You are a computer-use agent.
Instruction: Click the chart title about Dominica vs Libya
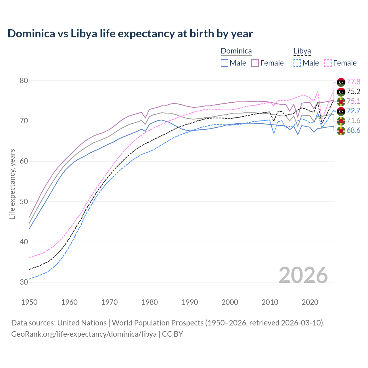coord(130,34)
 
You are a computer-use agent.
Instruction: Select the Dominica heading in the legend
coord(236,51)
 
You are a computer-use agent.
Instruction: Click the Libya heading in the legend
coord(302,51)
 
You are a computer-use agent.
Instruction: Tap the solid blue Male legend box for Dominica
coord(225,63)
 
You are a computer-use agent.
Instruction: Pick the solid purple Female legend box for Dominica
coord(255,63)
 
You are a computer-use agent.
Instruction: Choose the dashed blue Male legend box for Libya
coord(297,63)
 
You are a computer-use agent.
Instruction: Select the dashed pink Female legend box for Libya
coord(328,63)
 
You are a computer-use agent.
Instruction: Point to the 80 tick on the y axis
coord(24,80)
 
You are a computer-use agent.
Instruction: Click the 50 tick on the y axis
coord(24,202)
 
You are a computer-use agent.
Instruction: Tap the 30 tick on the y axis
coord(24,282)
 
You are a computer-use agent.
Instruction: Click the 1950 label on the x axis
coord(29,302)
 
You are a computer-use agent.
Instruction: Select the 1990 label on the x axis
coord(190,302)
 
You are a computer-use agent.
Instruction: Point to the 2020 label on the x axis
coord(310,302)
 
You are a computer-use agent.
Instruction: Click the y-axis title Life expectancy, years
coord(12,184)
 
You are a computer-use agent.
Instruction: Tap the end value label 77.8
coord(353,82)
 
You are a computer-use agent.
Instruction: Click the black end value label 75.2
coord(353,92)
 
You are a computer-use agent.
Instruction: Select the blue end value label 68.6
coord(353,131)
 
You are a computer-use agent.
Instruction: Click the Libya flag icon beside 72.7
coord(341,111)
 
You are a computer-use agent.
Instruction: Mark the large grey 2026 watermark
coord(303,275)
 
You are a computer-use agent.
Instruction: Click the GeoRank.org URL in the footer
coord(84,334)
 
